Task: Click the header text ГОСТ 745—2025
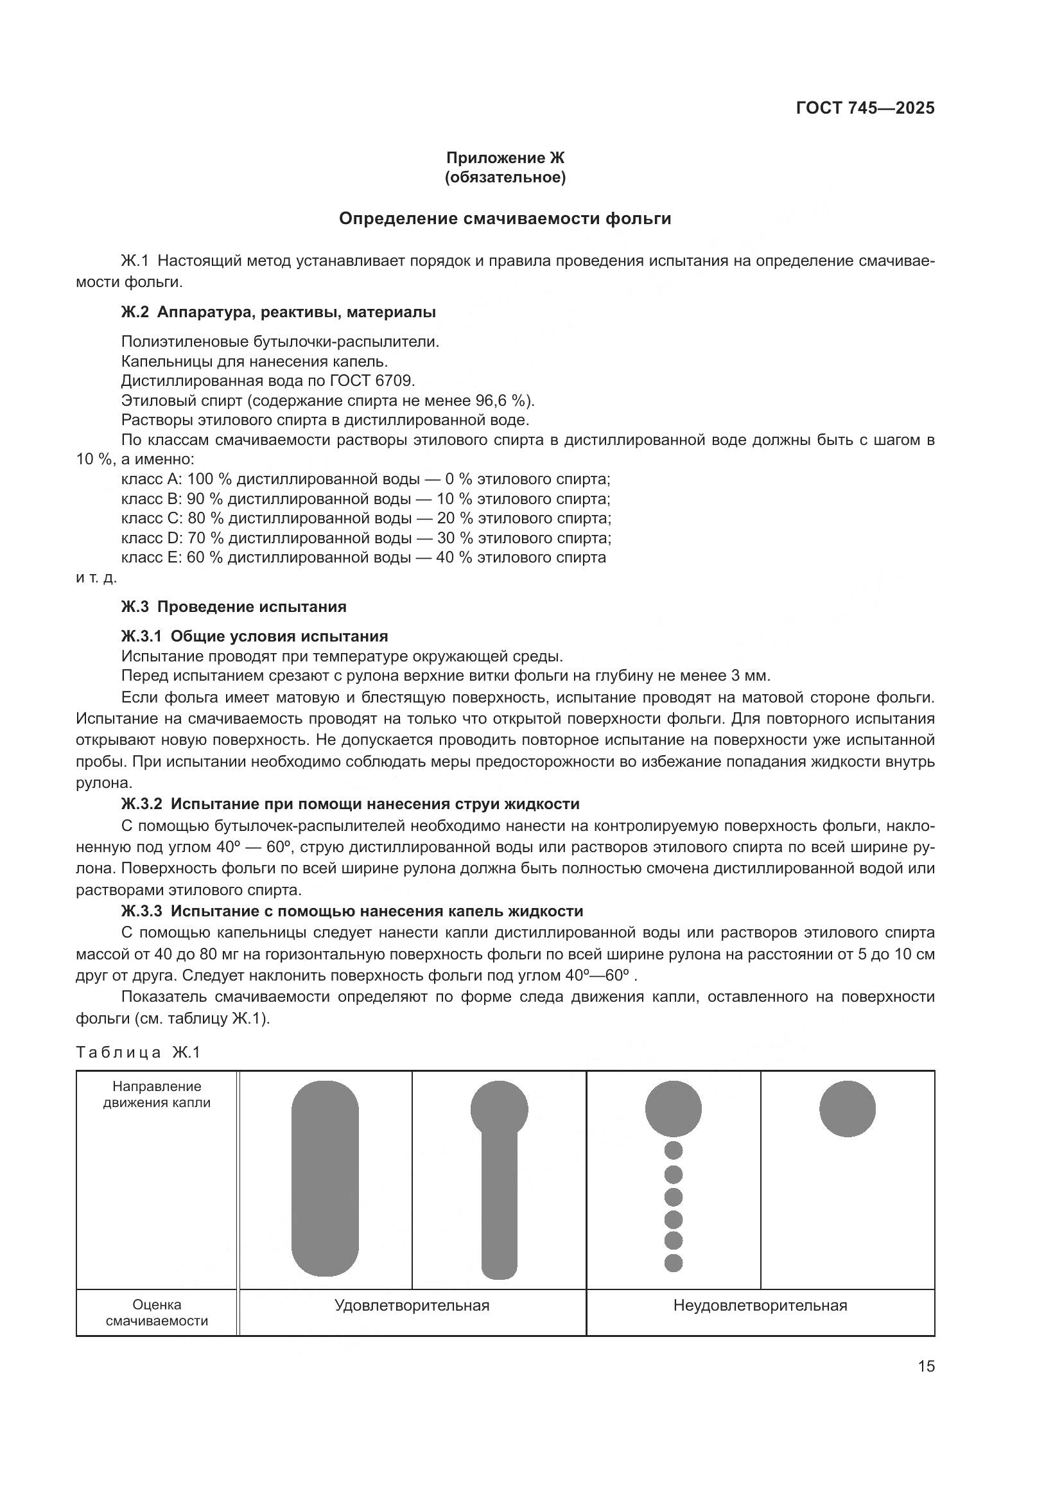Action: coord(864,109)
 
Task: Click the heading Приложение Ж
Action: coord(504,158)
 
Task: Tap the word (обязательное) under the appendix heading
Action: coord(504,177)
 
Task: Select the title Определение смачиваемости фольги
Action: coord(504,219)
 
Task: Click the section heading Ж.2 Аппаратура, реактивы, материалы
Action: coord(278,313)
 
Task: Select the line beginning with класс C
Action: coord(366,519)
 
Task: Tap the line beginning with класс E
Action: coord(363,558)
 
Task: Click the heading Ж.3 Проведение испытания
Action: coord(234,607)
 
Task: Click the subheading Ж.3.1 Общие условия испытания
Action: coord(254,636)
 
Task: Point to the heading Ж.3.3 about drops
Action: coord(352,911)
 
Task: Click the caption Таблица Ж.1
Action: coord(138,1052)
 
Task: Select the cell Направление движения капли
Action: coord(157,1094)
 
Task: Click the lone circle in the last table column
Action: coord(847,1109)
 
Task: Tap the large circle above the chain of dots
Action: coord(673,1109)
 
